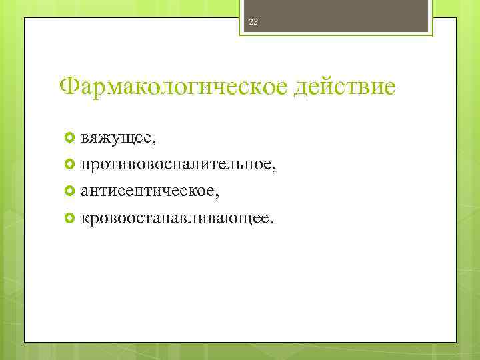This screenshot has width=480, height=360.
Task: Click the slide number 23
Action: [x=253, y=22]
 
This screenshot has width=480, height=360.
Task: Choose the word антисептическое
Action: [x=146, y=191]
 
